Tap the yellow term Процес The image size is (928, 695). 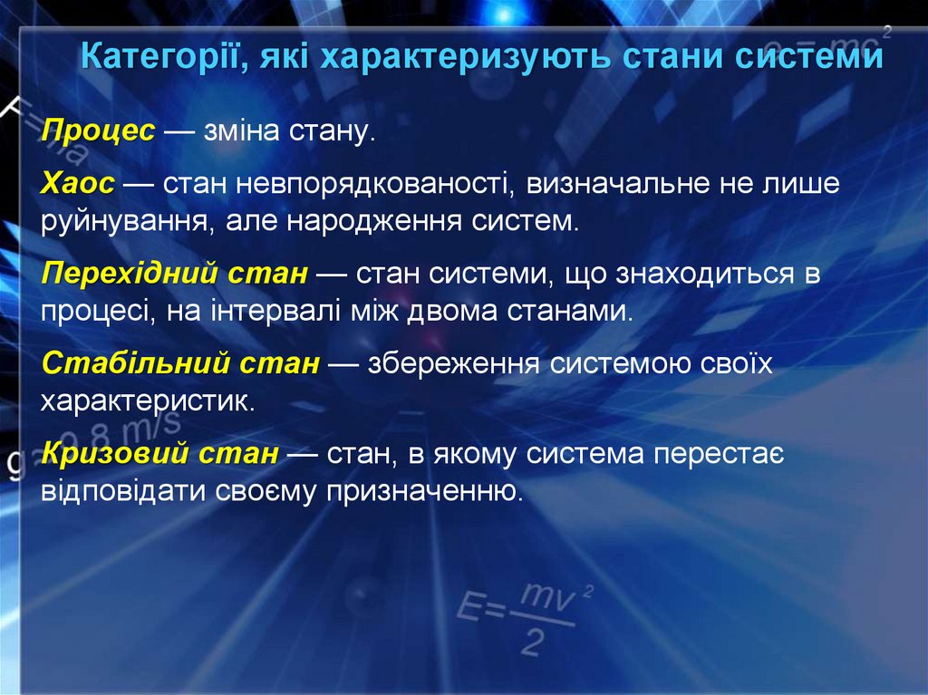tap(98, 131)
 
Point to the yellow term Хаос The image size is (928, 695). tap(78, 184)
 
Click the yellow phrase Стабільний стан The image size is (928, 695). tap(180, 363)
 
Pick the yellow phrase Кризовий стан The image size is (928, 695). tap(159, 453)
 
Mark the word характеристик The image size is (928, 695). tap(147, 401)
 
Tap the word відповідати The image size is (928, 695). tap(122, 491)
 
